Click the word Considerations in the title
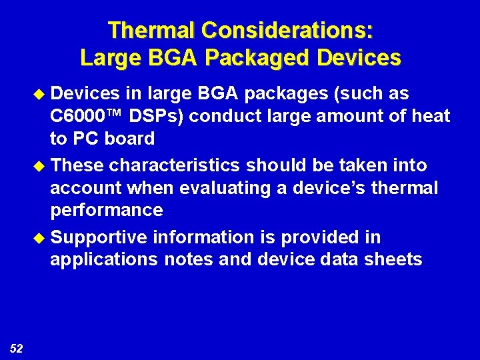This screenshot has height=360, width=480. point(287,30)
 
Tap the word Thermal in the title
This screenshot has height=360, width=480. point(152,30)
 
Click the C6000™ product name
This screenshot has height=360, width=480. point(87,116)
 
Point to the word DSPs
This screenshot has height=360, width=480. point(159,116)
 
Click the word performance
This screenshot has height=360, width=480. point(106,211)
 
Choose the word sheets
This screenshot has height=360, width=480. point(394,260)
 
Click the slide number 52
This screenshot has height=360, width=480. point(17,347)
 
